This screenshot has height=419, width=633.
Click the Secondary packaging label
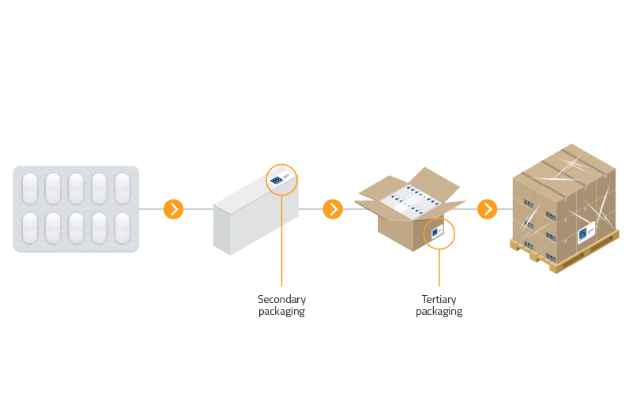pyautogui.click(x=281, y=305)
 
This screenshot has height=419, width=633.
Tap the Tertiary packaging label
pyautogui.click(x=439, y=305)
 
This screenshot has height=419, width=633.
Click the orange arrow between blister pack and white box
pyautogui.click(x=173, y=209)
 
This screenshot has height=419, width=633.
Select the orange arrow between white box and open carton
pyautogui.click(x=333, y=209)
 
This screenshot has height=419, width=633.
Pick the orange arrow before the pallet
pyautogui.click(x=488, y=209)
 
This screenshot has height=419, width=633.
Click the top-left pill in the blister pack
pyautogui.click(x=30, y=188)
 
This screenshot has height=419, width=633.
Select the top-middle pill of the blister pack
pyautogui.click(x=76, y=188)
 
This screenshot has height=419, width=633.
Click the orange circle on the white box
pyautogui.click(x=281, y=180)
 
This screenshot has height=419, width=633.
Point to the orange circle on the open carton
pyautogui.click(x=439, y=234)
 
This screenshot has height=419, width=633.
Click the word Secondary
pyautogui.click(x=281, y=299)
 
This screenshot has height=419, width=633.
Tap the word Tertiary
pyautogui.click(x=439, y=299)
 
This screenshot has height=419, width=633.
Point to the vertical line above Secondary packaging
pyautogui.click(x=281, y=245)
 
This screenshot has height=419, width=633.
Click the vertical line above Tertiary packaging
pyautogui.click(x=439, y=268)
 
